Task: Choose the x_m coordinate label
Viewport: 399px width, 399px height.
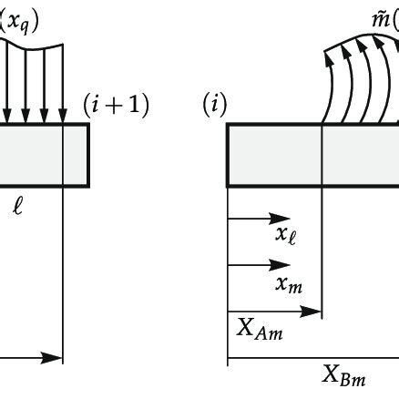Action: [x=289, y=285]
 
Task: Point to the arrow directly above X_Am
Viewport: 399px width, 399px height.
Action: [x=274, y=312]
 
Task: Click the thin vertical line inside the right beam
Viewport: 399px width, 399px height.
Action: [x=322, y=156]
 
